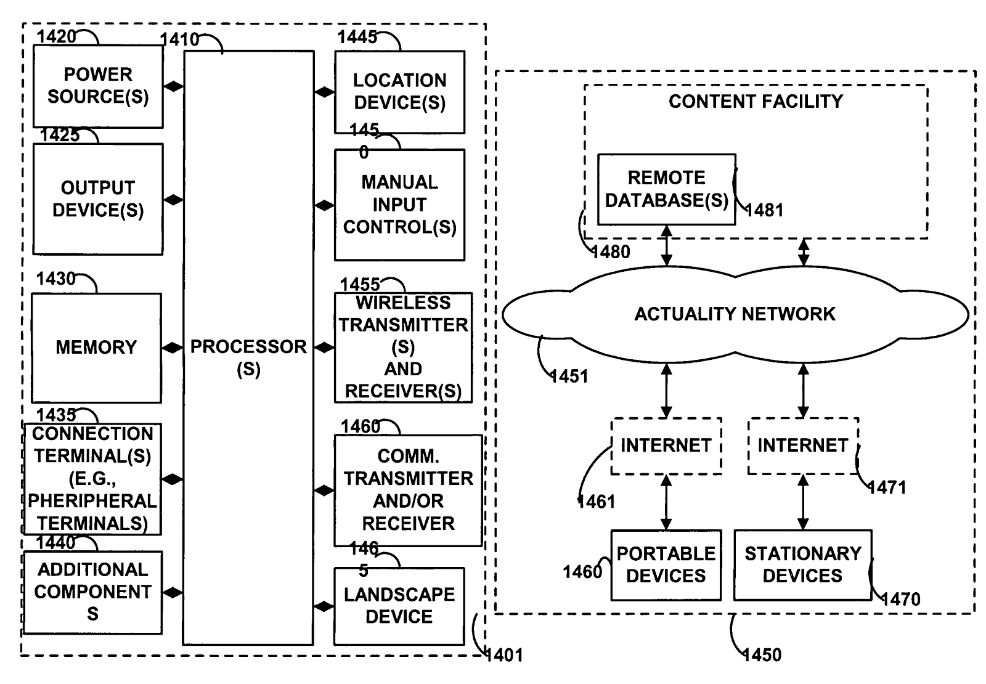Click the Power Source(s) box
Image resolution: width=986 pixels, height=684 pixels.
point(98,86)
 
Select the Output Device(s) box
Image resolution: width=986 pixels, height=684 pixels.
point(98,199)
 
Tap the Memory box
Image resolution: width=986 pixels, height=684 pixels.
point(96,348)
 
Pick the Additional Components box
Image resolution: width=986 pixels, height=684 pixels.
point(92,592)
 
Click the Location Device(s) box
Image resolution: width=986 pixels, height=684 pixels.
point(399,92)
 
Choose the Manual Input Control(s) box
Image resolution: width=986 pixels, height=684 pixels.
point(399,205)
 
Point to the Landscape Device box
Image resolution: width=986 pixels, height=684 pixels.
point(399,606)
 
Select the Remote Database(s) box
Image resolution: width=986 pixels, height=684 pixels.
point(666,189)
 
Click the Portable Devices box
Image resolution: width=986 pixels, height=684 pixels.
point(666,565)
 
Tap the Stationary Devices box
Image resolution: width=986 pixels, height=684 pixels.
point(802,565)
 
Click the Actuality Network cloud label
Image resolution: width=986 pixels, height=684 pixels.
point(735,314)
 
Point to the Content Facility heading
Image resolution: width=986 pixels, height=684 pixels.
point(756,102)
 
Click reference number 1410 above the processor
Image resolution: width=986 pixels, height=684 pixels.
point(179,40)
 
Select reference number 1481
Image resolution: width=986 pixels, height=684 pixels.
point(765,211)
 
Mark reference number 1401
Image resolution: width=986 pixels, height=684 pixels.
point(504,655)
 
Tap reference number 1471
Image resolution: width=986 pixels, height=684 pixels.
point(887,488)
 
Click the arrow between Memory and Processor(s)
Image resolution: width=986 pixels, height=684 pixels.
point(173,348)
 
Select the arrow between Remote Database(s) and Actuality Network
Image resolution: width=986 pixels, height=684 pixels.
point(666,245)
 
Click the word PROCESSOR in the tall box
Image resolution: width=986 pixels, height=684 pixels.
point(248,347)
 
